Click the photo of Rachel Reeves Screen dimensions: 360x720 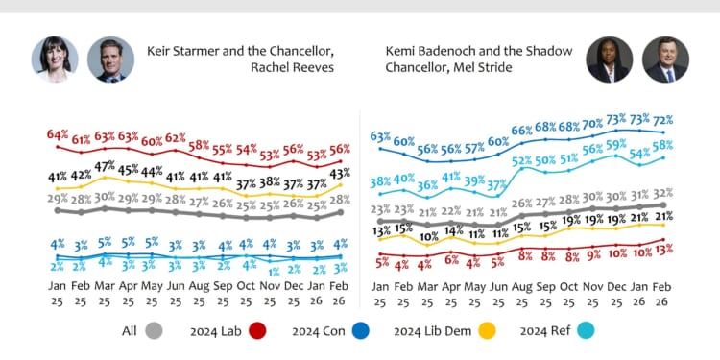coord(54,60)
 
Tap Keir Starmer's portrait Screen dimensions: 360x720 coord(110,60)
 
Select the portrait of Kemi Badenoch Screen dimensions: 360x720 coord(609,60)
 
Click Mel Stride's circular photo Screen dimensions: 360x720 coord(664,60)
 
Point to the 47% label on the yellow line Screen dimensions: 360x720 coord(106,166)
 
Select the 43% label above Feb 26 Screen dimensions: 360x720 coord(340,173)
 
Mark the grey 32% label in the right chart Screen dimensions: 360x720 coord(663,193)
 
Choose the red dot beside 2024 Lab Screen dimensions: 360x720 coord(256,331)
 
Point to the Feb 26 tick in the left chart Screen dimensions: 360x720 coord(340,294)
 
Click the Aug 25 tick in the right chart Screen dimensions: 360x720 coord(522,294)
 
